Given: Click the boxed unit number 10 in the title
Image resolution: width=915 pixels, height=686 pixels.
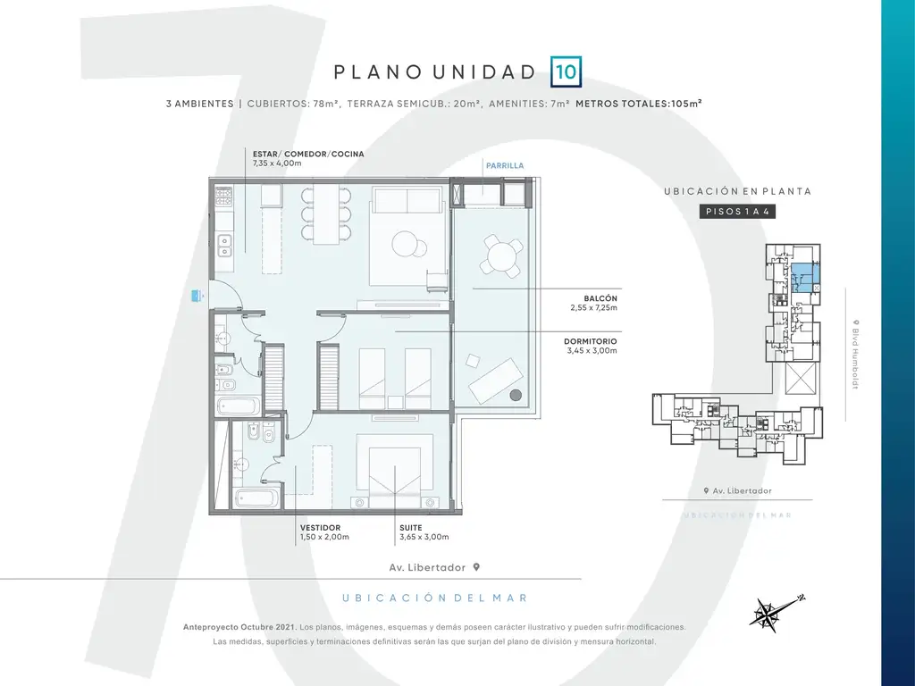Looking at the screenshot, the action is (x=566, y=71).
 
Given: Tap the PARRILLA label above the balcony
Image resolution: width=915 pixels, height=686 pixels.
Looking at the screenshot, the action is (x=505, y=165).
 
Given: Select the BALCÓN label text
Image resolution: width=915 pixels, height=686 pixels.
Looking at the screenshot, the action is (x=600, y=298).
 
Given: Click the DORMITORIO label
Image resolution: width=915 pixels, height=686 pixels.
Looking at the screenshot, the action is (x=591, y=342).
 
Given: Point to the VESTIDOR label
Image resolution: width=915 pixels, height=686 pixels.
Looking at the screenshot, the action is (x=321, y=528).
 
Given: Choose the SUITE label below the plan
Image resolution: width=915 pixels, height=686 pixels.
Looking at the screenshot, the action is (x=411, y=528).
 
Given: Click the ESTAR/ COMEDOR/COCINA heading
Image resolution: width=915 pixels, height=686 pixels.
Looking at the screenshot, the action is (x=308, y=154).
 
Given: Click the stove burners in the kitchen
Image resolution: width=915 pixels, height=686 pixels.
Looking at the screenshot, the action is (x=224, y=195).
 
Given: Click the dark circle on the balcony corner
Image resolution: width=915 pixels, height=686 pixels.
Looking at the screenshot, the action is (x=516, y=395).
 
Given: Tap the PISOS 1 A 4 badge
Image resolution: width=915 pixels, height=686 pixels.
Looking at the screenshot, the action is (x=737, y=211).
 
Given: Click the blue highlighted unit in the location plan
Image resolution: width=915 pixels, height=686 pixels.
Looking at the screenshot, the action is (x=805, y=278).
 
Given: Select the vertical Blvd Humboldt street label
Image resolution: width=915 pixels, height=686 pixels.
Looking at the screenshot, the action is (x=855, y=354).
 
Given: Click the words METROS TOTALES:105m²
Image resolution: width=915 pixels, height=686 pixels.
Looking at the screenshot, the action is (x=638, y=104).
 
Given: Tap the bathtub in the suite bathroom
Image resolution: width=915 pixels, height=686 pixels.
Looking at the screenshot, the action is (x=257, y=498).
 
